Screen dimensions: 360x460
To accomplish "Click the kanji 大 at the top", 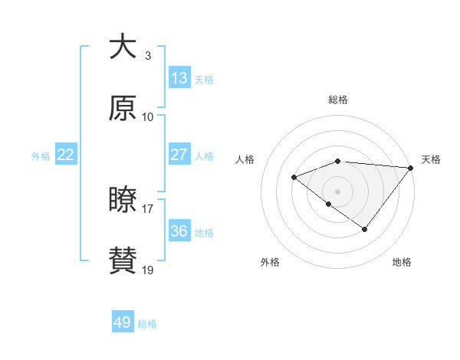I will (123, 47).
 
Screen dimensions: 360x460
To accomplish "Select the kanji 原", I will (123, 108).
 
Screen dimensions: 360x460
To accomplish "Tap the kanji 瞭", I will (123, 200).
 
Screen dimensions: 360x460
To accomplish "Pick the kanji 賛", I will (123, 261).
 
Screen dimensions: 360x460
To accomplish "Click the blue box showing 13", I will (179, 78).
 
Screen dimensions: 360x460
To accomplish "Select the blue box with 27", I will (179, 155).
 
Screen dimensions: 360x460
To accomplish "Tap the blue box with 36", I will (179, 231).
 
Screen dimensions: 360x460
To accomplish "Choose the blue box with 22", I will (66, 155).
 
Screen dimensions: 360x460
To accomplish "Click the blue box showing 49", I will (123, 322).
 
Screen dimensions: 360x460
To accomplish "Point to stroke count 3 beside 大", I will (147, 56).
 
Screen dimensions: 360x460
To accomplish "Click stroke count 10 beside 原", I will (148, 117).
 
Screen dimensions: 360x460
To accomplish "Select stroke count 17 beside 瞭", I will (148, 208).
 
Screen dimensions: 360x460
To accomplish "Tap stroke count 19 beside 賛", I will (148, 270).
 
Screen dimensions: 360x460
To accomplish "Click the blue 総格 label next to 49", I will (147, 324).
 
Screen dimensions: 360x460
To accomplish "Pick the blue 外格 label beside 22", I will (41, 156).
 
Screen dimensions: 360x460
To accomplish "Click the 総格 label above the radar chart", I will (338, 100).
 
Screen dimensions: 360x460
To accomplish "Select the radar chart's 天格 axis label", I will (431, 159).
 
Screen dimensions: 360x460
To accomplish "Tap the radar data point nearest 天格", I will (411, 168).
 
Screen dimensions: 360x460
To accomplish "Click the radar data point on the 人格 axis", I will (294, 178).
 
